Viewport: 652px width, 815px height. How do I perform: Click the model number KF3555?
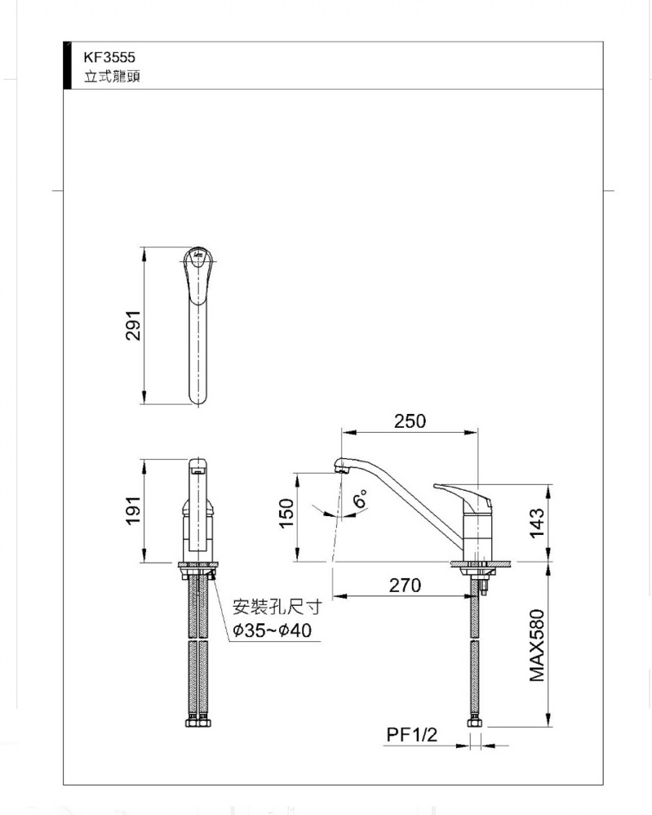pos(109,57)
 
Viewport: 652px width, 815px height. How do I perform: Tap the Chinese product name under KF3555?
pos(113,77)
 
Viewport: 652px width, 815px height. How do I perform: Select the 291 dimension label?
pos(133,325)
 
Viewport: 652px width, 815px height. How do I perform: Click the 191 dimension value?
pos(133,510)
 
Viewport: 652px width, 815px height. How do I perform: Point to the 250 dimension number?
pos(410,421)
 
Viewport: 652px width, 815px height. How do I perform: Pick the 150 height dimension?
pos(286,513)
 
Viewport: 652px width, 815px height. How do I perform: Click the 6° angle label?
pos(360,498)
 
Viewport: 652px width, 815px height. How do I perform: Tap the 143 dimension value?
pos(537,523)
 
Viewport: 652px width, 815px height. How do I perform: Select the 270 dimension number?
pos(406,586)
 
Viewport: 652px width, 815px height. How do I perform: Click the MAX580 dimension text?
pos(537,645)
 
